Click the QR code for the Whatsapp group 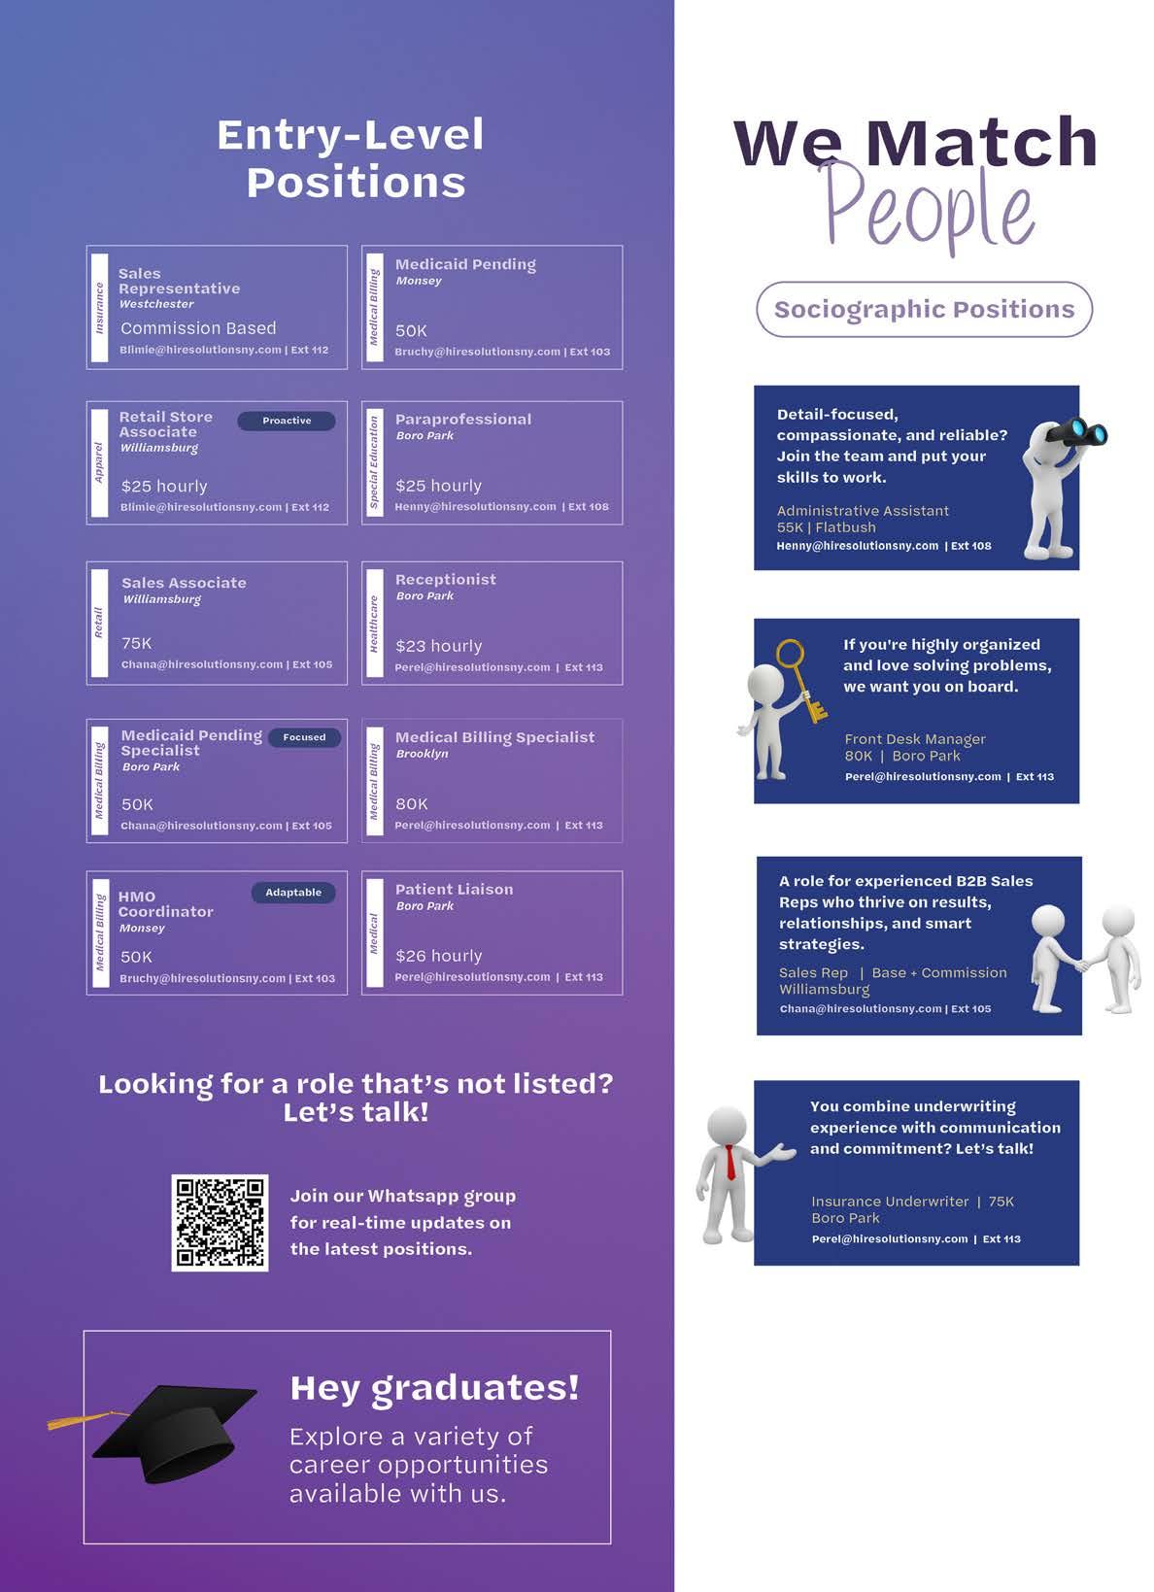coord(220,1222)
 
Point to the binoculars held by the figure coord(1080,431)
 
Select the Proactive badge coord(287,421)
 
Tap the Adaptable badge coord(293,893)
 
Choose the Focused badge coord(304,737)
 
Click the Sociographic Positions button coord(924,310)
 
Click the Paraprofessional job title coord(463,420)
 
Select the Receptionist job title coord(446,580)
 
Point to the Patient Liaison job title coord(454,890)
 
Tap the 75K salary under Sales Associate coord(137,643)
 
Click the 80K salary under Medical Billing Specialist coord(412,803)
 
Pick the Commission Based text coord(198,328)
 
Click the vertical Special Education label coord(374,462)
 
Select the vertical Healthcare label coord(374,624)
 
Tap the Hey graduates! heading coord(434,1388)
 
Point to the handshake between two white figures coord(1081,964)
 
